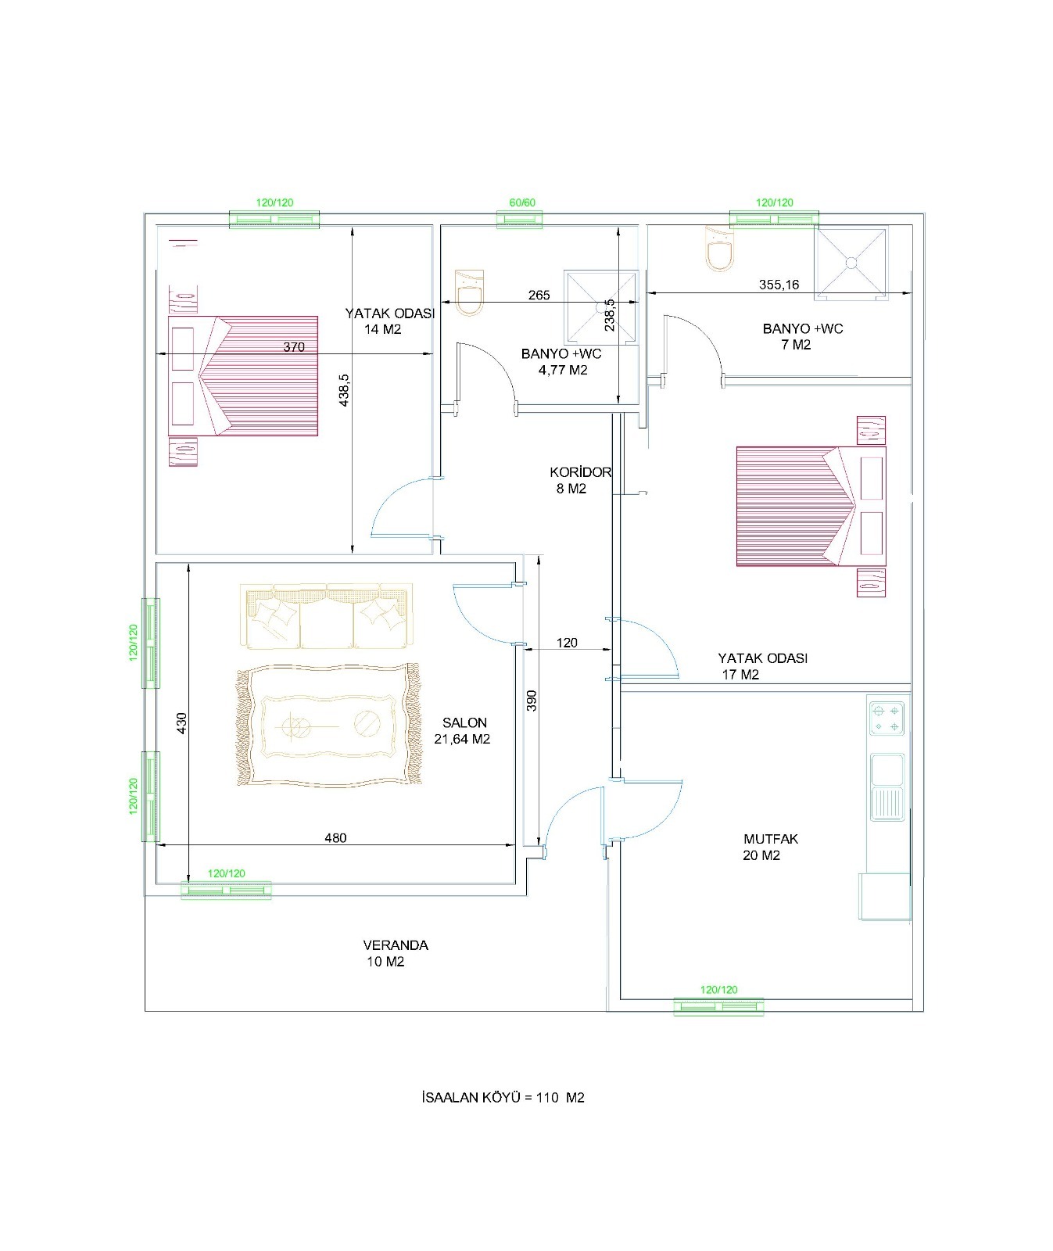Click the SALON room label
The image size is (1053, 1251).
[x=464, y=723]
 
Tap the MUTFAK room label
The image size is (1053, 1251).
[x=771, y=839]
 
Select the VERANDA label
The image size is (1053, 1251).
[x=396, y=945]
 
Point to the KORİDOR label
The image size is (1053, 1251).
[x=580, y=472]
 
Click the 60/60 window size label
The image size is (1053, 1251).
[x=522, y=203]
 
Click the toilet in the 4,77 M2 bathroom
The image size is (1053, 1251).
[x=469, y=292]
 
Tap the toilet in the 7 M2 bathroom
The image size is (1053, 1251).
[x=719, y=249]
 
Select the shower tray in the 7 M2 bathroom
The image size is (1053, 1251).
[x=851, y=263]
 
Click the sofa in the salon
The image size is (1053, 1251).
[x=327, y=616]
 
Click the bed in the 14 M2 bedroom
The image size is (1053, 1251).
[x=243, y=375]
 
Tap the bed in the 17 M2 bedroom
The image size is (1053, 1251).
[x=811, y=506]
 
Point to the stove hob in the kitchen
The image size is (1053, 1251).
[x=887, y=718]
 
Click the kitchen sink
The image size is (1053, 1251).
[x=887, y=787]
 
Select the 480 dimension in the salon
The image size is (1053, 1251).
[x=335, y=837]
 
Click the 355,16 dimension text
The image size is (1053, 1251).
[x=779, y=285]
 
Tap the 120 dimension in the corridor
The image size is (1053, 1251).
[x=567, y=643]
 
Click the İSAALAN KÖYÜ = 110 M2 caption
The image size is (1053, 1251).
[x=503, y=1098]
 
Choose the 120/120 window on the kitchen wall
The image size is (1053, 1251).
[x=718, y=1006]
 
